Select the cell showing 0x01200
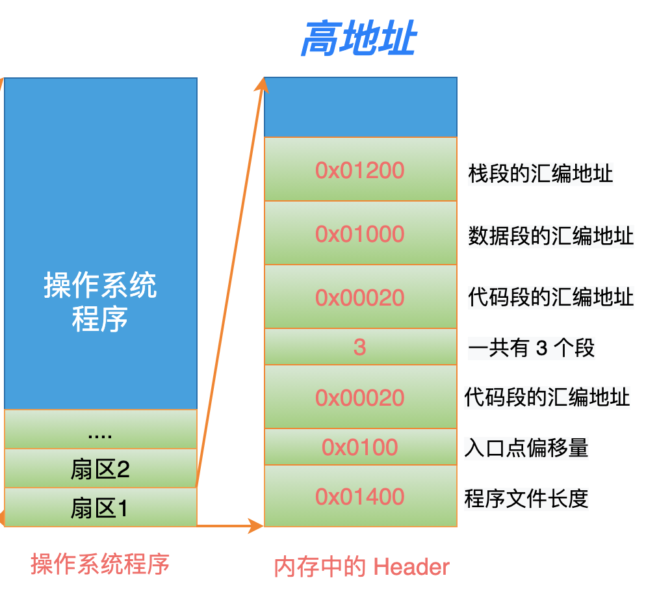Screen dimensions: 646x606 tap(361, 169)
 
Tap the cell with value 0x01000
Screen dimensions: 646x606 tap(361, 233)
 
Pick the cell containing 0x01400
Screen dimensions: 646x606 tap(361, 496)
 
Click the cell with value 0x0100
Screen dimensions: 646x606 tap(361, 447)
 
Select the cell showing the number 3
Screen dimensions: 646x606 tap(361, 347)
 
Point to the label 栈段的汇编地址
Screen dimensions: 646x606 tap(541, 173)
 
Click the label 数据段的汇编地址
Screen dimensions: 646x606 tap(551, 236)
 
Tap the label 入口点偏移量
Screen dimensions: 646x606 tap(526, 448)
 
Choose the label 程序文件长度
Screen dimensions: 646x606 tap(526, 499)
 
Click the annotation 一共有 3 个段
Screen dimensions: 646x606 tap(532, 347)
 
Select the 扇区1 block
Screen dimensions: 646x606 tap(101, 507)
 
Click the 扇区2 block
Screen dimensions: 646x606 tap(101, 468)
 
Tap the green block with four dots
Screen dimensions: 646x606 tap(101, 429)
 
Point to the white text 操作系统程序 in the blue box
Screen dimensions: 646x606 tap(100, 302)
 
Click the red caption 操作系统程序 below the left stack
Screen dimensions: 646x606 tap(100, 564)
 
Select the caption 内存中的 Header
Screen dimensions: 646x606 tap(362, 566)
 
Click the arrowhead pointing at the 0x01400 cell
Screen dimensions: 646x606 tap(255, 525)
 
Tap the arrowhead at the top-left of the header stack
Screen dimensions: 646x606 tap(262, 85)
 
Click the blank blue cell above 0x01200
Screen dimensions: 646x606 tap(361, 107)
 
